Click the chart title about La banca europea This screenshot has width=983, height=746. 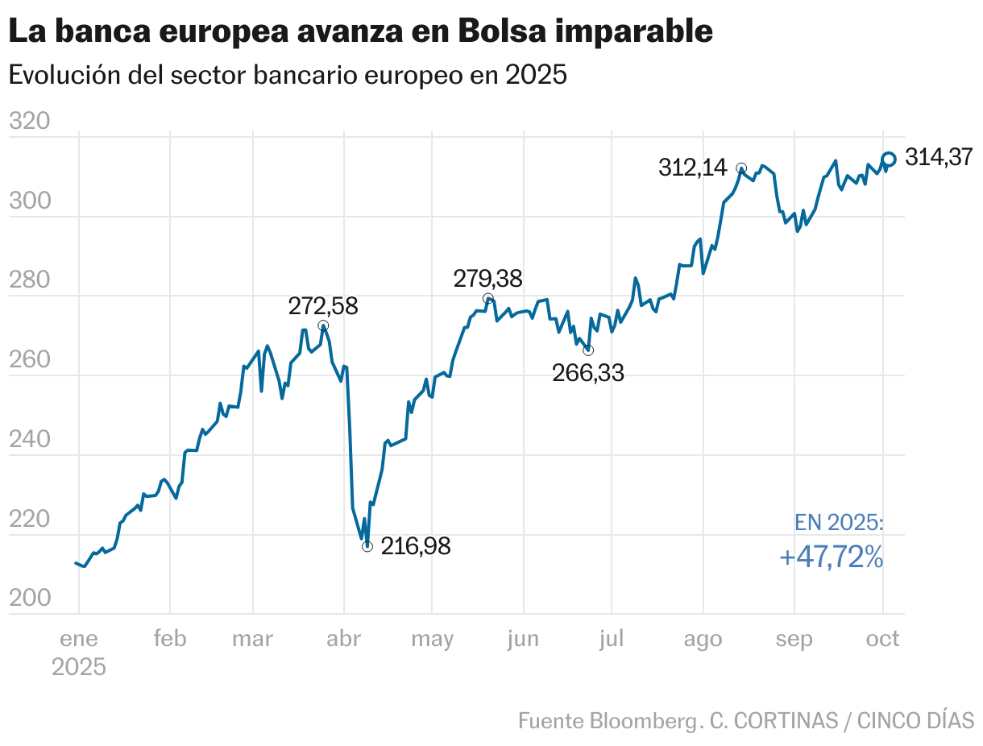360,31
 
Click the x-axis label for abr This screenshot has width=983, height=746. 344,640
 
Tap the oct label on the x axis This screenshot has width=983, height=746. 883,640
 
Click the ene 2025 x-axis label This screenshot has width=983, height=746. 79,653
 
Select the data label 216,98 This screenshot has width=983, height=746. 415,546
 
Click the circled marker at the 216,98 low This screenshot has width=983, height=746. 367,546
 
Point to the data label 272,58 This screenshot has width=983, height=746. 323,306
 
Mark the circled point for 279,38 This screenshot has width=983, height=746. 487,299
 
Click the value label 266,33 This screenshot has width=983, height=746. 588,372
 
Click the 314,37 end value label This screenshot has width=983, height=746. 939,158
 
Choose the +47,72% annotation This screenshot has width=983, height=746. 831,557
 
